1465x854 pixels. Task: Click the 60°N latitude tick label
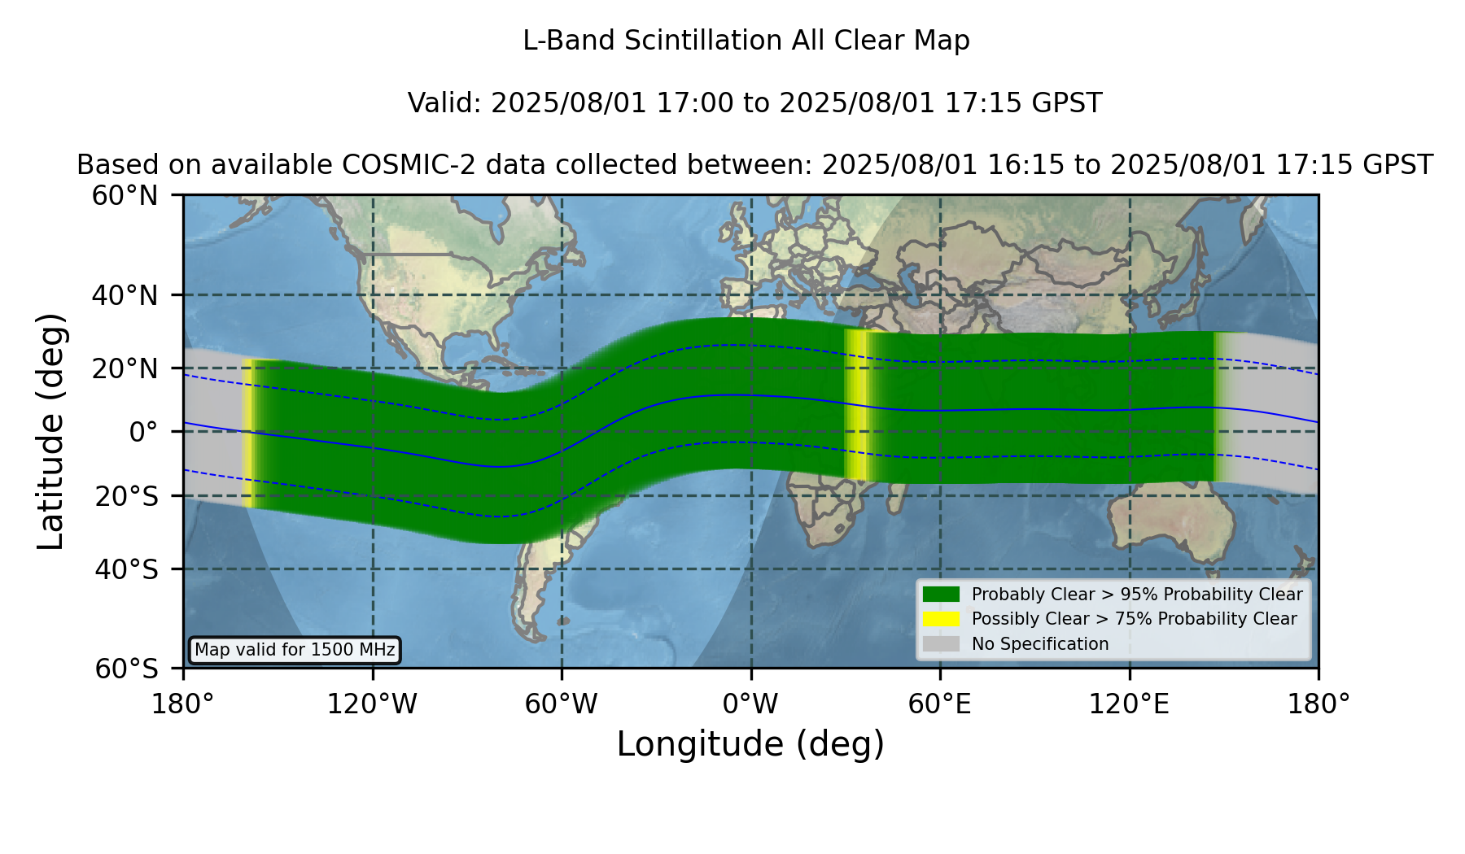[x=125, y=196]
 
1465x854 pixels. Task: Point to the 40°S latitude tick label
[x=126, y=569]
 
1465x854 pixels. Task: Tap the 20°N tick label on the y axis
[x=125, y=368]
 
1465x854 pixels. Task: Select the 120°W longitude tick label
[x=372, y=704]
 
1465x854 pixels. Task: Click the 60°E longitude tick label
[x=940, y=704]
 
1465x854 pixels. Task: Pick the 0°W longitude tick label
[x=750, y=704]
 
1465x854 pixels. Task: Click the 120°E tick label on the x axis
[x=1129, y=704]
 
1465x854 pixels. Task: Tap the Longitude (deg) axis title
[x=750, y=744]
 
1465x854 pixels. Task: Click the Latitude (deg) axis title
[x=50, y=431]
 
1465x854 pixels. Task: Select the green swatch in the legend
[x=941, y=595]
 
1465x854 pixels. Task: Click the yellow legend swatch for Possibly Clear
[x=941, y=619]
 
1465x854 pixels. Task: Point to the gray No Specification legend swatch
[x=941, y=644]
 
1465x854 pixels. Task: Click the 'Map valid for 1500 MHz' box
[x=295, y=650]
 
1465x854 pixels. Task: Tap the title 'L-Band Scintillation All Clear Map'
[x=746, y=41]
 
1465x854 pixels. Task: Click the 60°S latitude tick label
[x=126, y=669]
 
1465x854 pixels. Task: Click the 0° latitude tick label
[x=143, y=432]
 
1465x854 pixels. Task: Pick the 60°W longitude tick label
[x=561, y=704]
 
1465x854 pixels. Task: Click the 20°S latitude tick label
[x=126, y=496]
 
